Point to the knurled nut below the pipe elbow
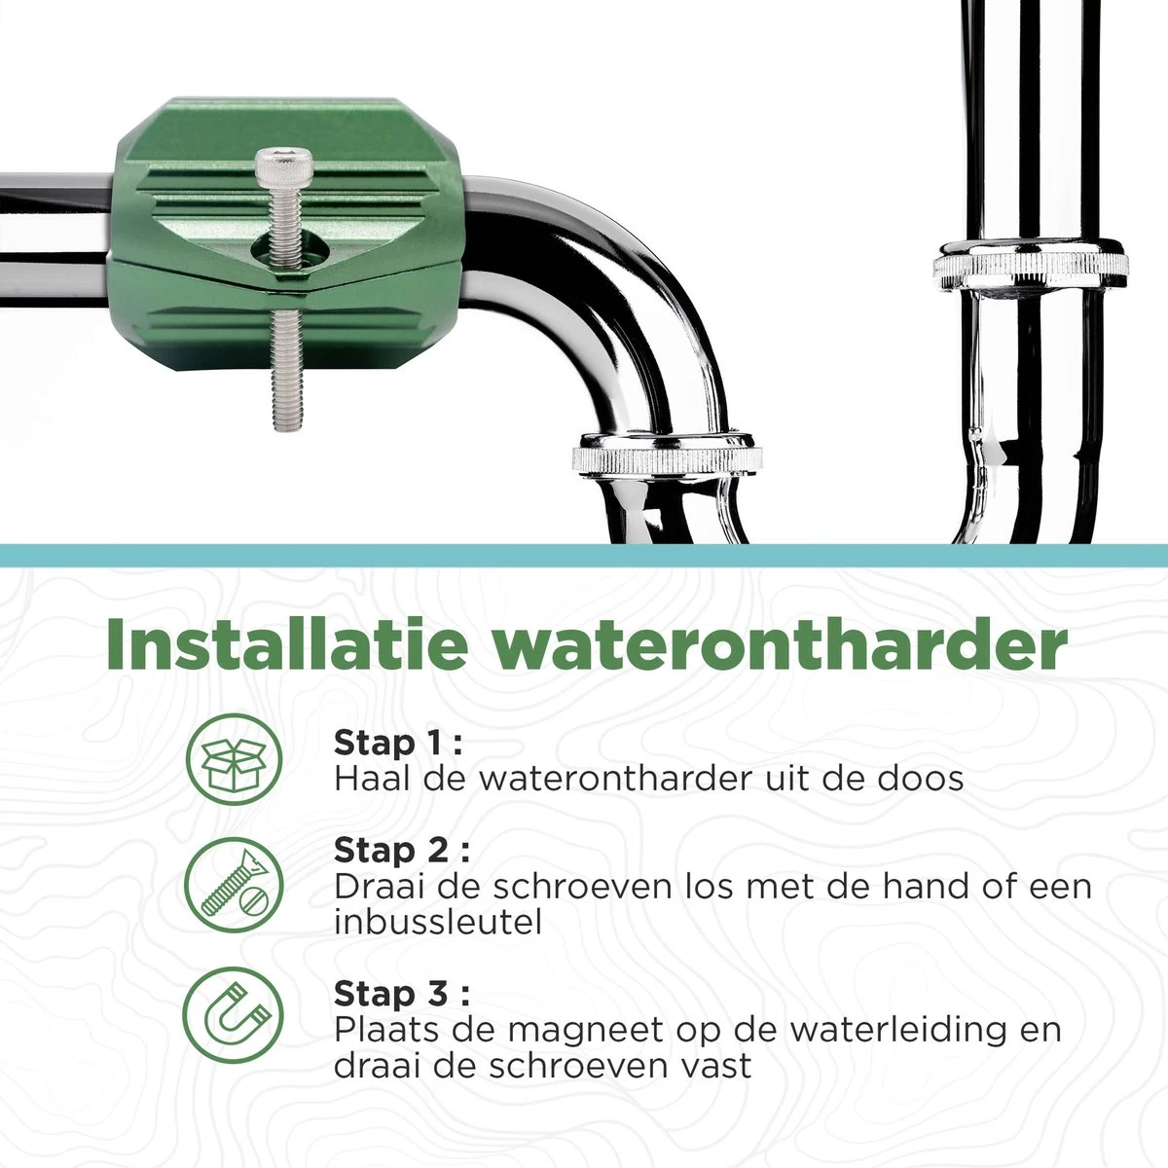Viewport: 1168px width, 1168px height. (667, 453)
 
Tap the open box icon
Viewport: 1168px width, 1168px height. (234, 758)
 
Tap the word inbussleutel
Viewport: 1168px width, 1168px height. (437, 922)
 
